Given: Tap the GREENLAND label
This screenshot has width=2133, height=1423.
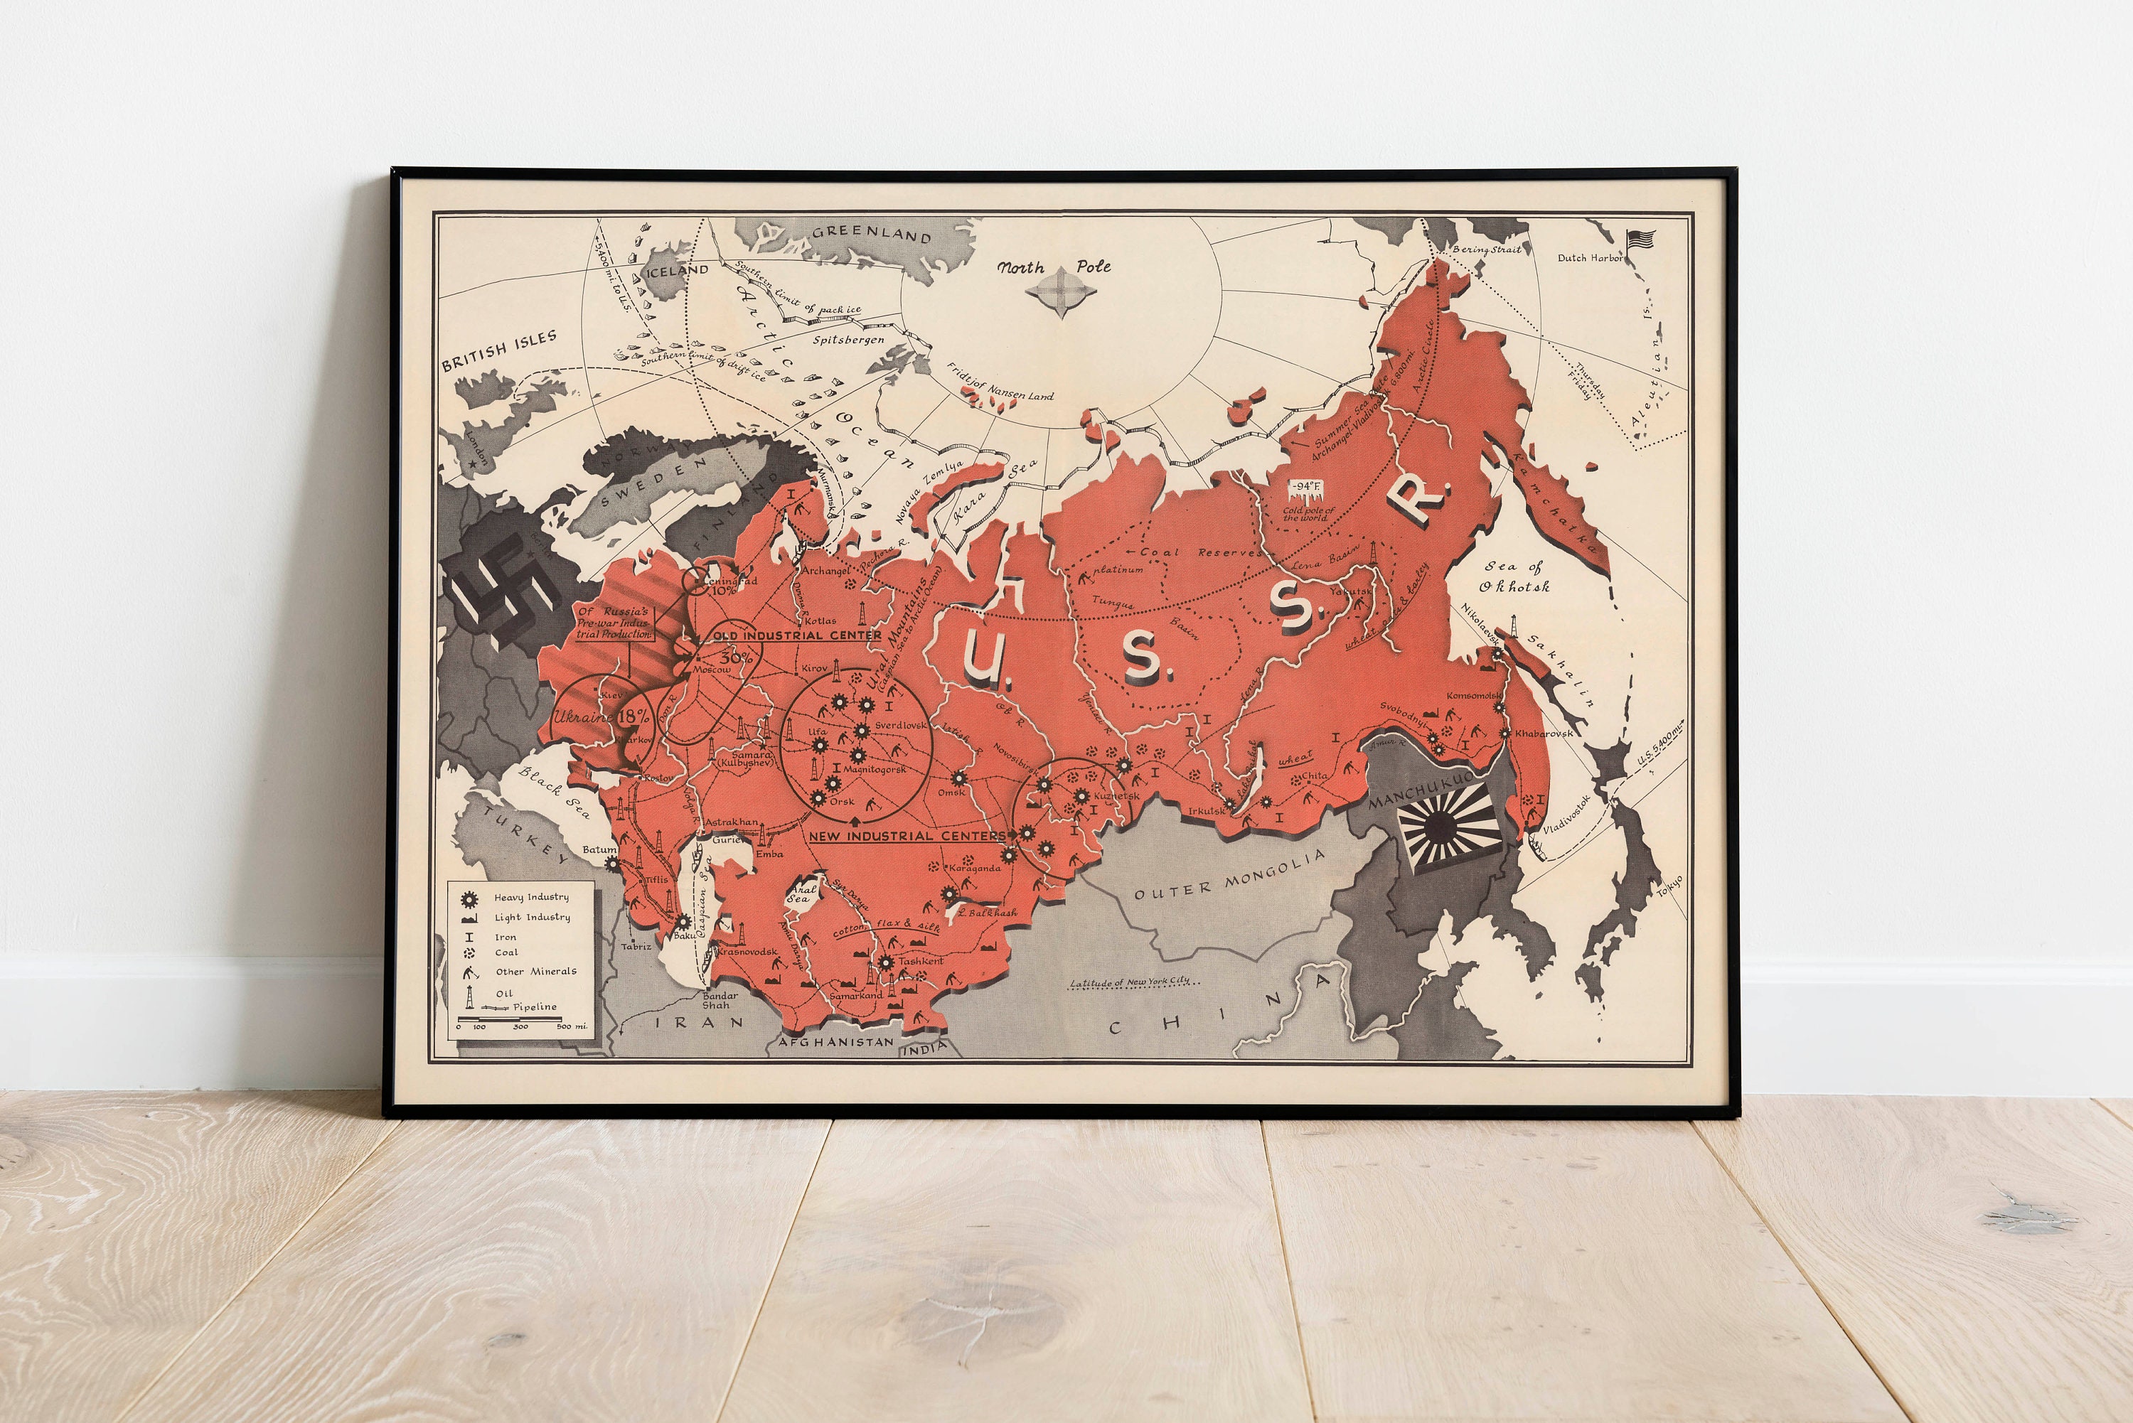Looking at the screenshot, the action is [x=872, y=235].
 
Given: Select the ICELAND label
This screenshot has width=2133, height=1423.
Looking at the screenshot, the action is [x=675, y=270].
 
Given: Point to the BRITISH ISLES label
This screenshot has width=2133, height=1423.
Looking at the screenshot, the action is [x=498, y=351].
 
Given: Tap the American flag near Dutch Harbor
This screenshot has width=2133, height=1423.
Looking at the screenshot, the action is [x=1641, y=240].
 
